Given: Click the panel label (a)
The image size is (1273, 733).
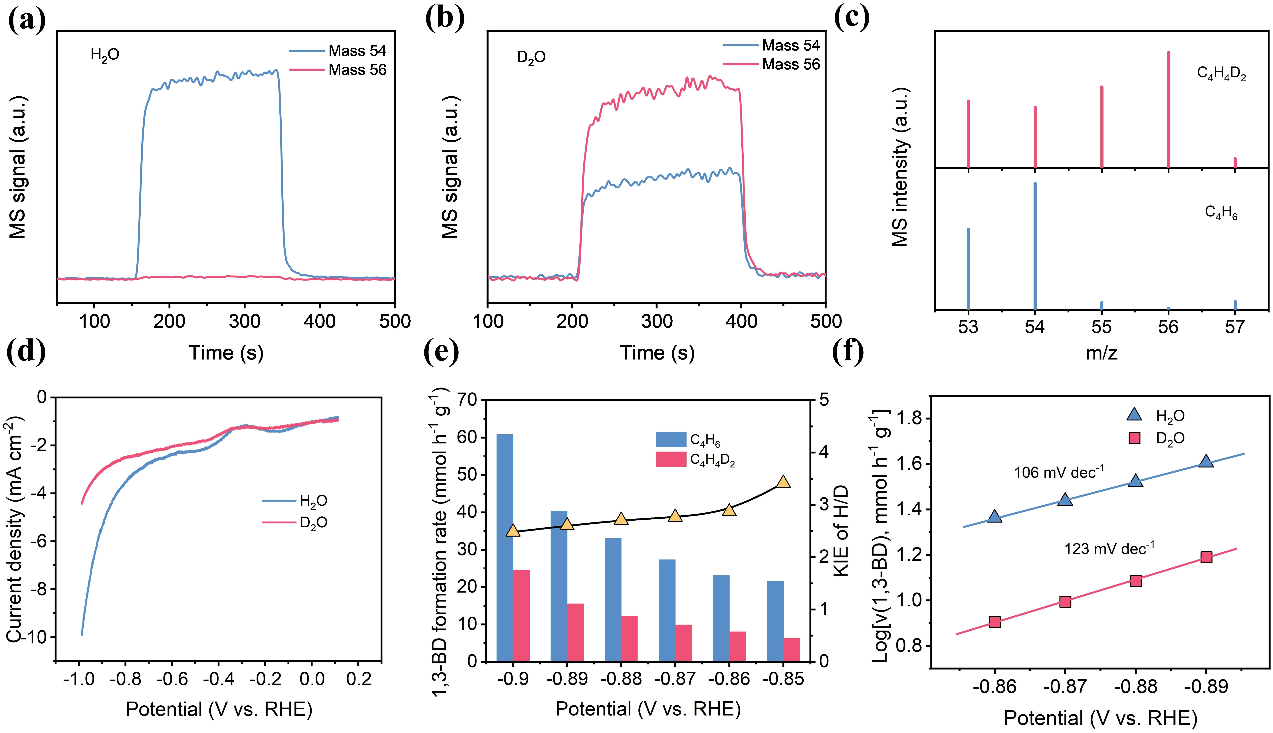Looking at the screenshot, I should click(x=26, y=20).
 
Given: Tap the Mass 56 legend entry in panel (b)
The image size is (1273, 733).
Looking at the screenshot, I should click(x=790, y=64).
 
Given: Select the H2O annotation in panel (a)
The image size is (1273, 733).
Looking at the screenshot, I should click(x=105, y=54).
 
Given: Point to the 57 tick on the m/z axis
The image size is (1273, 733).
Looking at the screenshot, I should click(x=1235, y=327).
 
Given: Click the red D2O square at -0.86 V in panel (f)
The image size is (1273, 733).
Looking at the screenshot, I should click(x=994, y=622).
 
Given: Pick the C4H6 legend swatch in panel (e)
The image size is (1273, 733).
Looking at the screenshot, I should click(x=671, y=439).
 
